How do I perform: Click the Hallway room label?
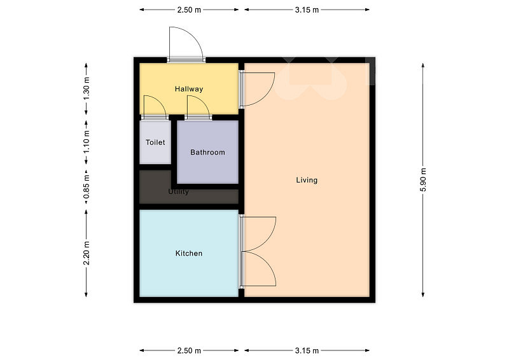tap(189, 89)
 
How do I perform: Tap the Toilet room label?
tap(155, 142)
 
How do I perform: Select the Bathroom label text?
tap(207, 152)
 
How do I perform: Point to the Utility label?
tap(178, 191)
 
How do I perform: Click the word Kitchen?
tap(189, 253)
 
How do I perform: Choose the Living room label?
tap(307, 180)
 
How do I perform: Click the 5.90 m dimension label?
tap(423, 180)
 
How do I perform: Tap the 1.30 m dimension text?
tap(86, 89)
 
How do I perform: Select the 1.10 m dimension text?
tap(86, 142)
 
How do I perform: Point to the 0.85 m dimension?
tap(86, 187)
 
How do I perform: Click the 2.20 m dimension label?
tap(86, 253)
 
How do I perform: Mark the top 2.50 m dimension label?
tap(189, 10)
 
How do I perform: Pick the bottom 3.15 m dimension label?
tap(307, 350)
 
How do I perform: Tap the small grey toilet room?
tap(155, 142)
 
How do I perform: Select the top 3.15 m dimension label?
tap(307, 10)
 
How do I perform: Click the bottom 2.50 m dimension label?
tap(189, 350)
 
